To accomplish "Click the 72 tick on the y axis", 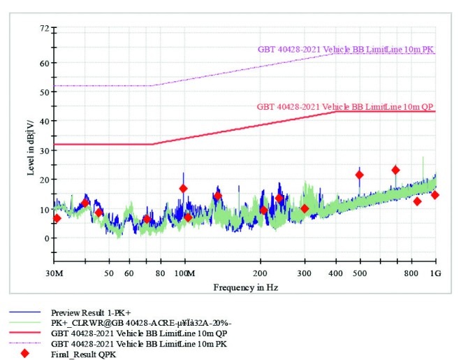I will (43, 29).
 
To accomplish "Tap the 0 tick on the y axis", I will (46, 238).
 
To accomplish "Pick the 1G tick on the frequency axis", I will (434, 272).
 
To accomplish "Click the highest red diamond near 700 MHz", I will (395, 170).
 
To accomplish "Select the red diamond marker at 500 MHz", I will (359, 175).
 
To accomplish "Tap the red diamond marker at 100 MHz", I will (184, 189).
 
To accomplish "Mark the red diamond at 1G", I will (434, 195).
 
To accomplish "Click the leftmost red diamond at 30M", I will (57, 218).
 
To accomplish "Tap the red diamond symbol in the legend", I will (25, 354).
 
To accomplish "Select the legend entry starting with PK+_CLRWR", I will (126, 322).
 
